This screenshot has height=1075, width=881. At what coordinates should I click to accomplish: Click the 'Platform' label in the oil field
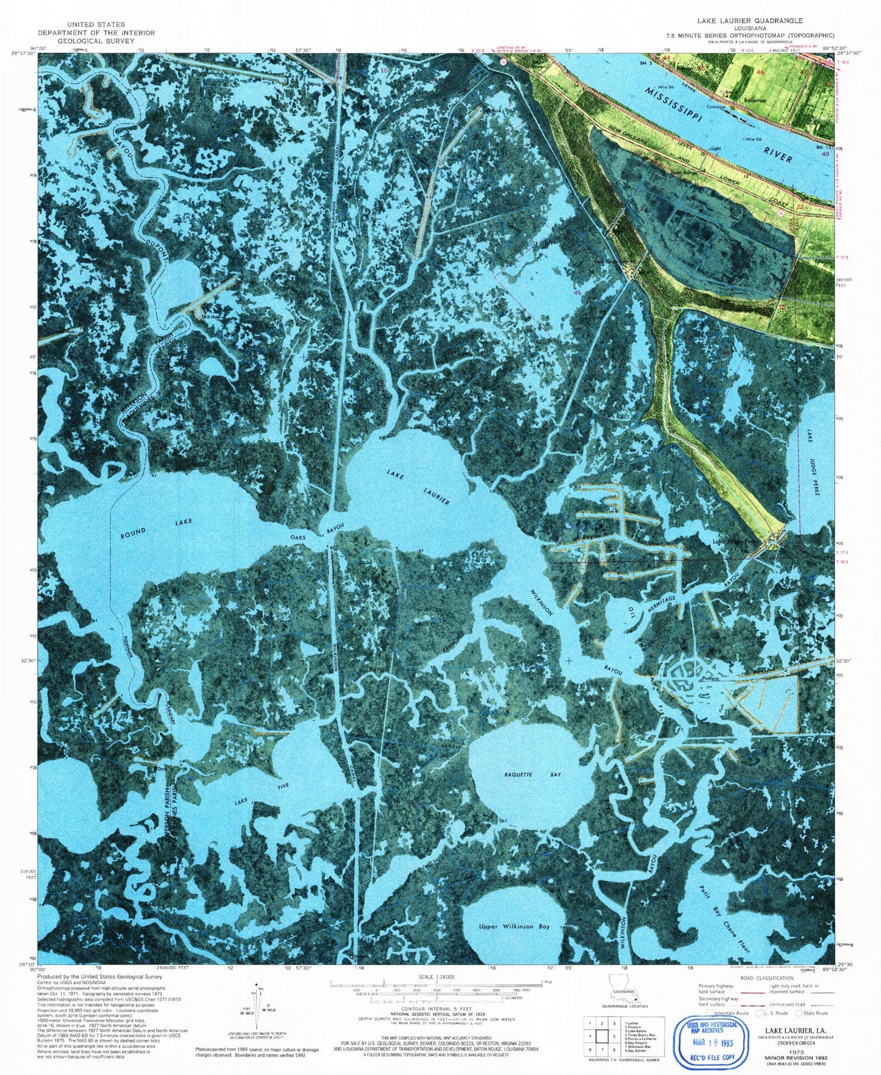tap(710, 679)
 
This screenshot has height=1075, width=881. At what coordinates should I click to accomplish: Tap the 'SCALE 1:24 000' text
tap(433, 977)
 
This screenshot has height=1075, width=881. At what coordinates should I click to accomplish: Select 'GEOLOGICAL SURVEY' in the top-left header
tap(96, 41)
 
